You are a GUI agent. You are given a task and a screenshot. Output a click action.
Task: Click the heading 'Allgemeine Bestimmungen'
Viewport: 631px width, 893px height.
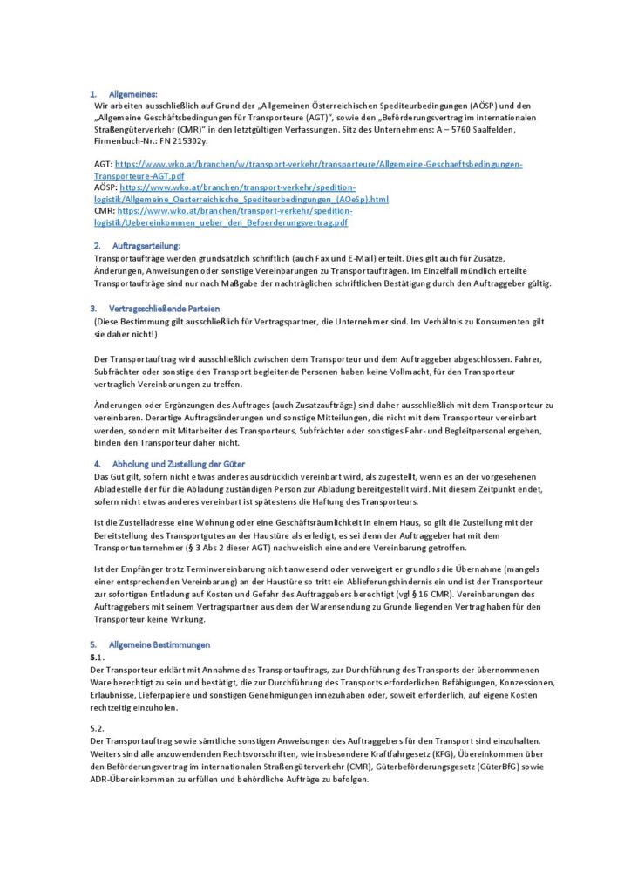point(159,644)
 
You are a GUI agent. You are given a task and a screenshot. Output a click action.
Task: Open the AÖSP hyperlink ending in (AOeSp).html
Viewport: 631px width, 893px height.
point(254,199)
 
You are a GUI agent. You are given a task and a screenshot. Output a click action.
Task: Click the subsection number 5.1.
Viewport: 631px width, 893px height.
point(98,656)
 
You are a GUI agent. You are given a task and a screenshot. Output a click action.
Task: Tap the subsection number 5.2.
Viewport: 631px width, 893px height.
point(98,726)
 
